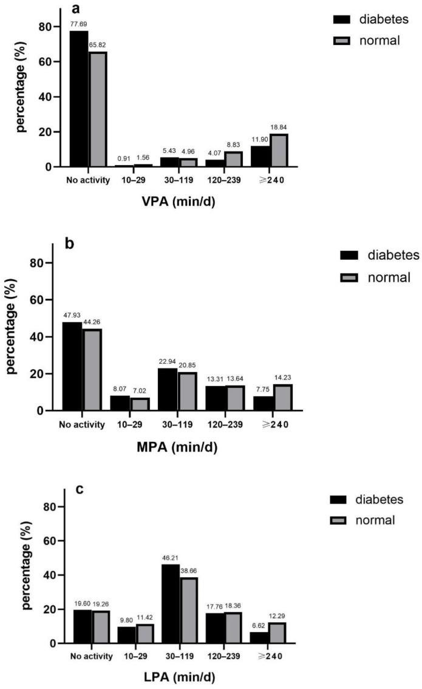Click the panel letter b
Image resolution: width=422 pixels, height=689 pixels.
point(70,243)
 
